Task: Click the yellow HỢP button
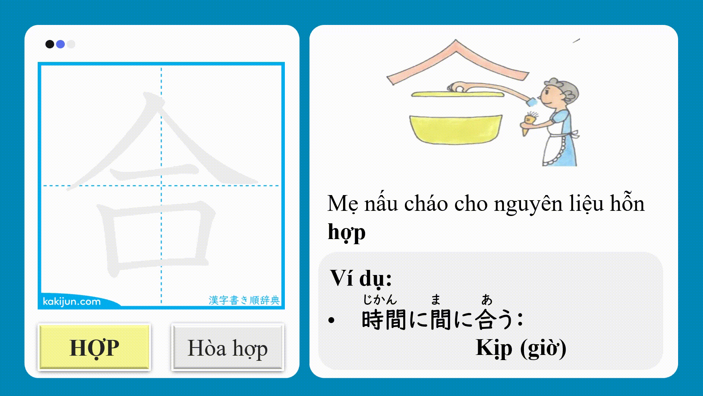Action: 94,347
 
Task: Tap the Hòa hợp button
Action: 227,347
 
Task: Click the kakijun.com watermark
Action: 72,301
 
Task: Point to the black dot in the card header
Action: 50,44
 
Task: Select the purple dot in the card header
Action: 60,44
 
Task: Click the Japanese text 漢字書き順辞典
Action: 244,300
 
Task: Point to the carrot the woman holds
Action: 528,123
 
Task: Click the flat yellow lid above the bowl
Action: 458,95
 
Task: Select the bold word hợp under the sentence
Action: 346,232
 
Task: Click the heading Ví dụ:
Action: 361,278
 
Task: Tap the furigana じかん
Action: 380,300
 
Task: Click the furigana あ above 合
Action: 487,300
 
